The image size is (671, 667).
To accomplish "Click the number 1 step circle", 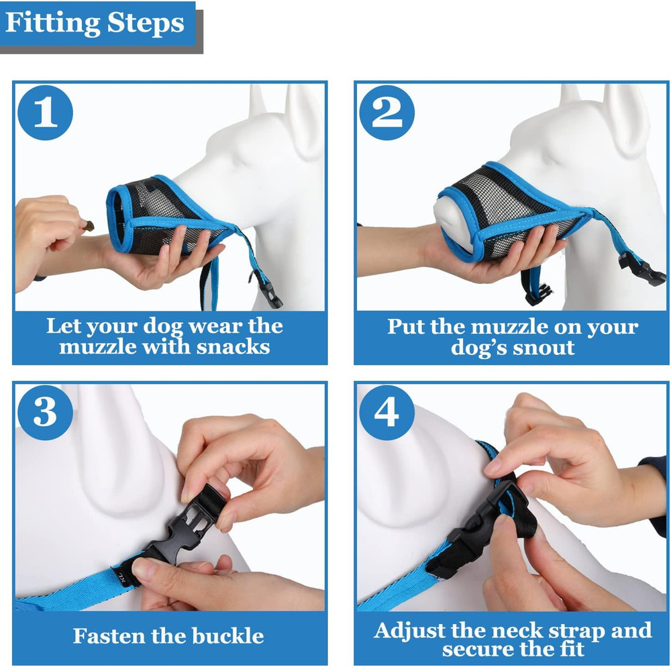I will pos(45,112).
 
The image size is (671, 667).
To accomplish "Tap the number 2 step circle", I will pos(386,112).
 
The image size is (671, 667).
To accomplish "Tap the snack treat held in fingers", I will pos(88,225).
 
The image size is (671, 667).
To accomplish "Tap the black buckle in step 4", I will pos(473,530).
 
